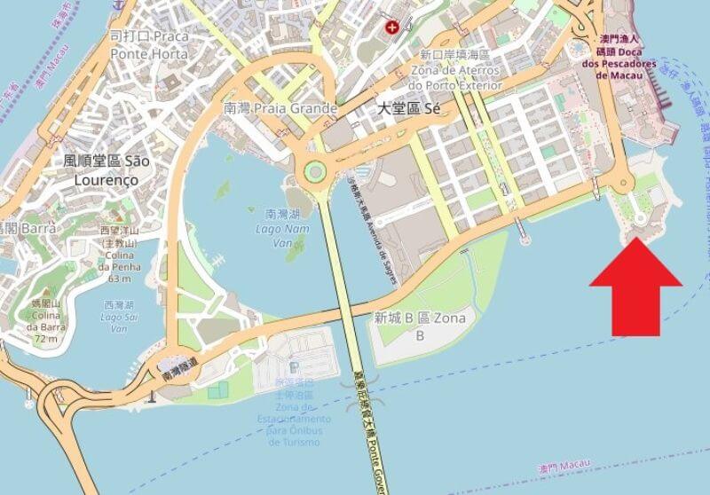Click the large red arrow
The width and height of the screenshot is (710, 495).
tap(636, 288)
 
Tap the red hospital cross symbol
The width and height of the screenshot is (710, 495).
tap(390, 28)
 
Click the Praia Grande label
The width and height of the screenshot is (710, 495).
tap(280, 109)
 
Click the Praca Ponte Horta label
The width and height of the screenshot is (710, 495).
tap(148, 44)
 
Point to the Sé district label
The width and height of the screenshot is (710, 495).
tap(409, 109)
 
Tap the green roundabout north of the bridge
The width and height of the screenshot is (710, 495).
tap(314, 170)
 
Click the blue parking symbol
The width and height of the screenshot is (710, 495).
tap(294, 366)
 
